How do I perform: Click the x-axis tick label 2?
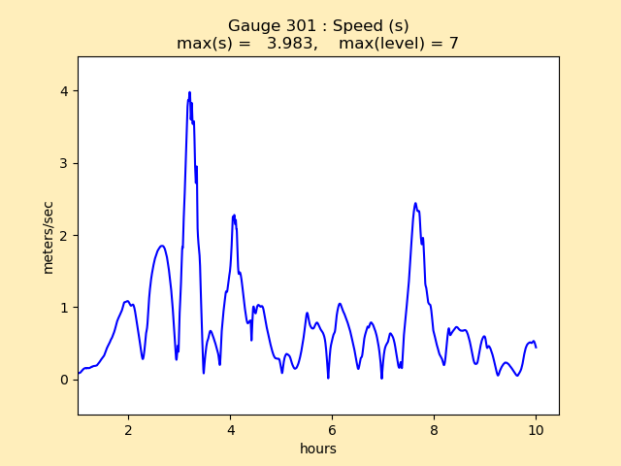128,429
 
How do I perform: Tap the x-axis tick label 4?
230,429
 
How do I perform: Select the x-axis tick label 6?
332,429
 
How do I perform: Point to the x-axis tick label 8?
434,429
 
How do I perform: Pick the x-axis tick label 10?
536,429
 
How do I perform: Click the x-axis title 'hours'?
318,449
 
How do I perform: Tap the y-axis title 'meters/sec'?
48,237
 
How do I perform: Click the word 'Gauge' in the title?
251,26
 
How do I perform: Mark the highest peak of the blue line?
189,92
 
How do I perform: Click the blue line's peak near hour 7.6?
415,204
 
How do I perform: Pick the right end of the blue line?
536,347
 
